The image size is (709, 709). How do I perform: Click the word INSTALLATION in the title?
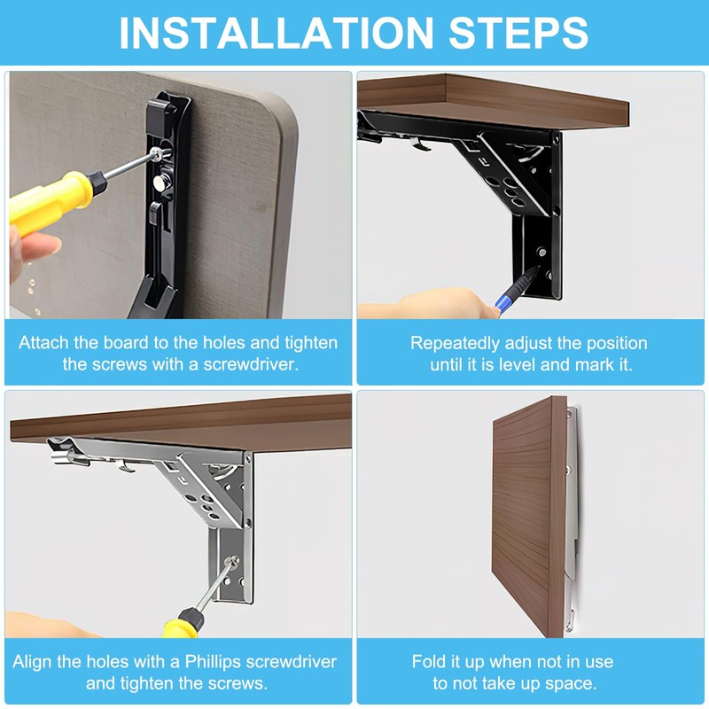277,33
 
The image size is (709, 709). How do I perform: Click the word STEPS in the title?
518,33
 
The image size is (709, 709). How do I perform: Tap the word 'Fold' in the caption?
427,661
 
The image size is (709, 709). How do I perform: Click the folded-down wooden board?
529,516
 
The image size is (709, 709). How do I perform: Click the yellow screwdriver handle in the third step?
182,627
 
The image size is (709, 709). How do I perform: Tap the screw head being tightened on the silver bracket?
232,562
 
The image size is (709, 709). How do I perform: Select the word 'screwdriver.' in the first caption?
251,364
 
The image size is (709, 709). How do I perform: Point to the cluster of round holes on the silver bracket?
205,505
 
